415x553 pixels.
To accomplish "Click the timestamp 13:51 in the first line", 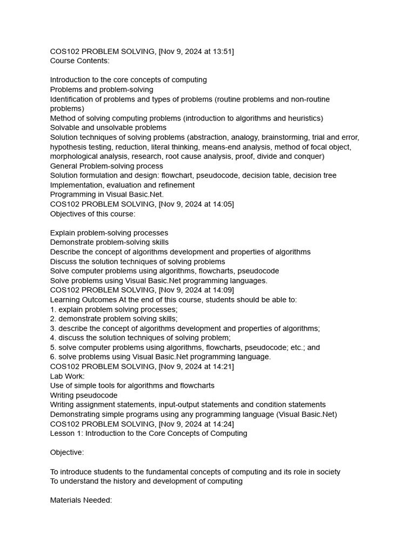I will click(222, 51).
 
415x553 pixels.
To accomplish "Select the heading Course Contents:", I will click(79, 61).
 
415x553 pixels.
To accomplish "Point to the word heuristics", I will click(304, 118).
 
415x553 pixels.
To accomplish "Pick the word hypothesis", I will click(69, 147).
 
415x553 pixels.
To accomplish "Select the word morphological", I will click(74, 157).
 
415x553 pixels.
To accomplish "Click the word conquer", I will click(308, 157).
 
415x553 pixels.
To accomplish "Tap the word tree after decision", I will click(329, 176).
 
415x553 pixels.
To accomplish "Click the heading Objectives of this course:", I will click(93, 214).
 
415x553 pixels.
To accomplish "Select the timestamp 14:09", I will click(222, 290).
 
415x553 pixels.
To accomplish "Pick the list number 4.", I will click(53, 338).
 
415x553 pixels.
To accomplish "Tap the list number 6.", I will click(53, 357).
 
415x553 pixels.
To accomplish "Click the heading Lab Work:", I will click(68, 376).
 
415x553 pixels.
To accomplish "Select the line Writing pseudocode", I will click(84, 395).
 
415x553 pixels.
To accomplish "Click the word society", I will click(327, 472).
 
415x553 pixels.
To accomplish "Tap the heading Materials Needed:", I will click(81, 501).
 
